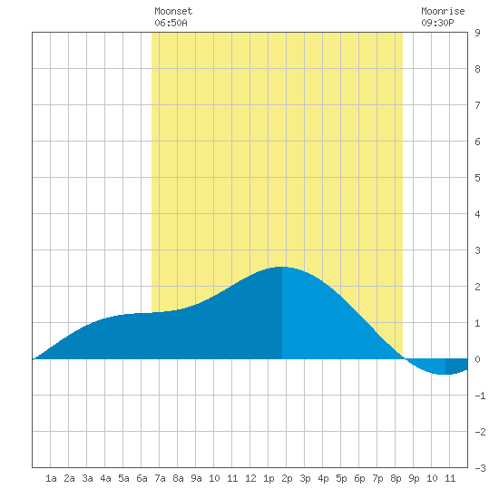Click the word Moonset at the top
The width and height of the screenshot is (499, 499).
pyautogui.click(x=173, y=11)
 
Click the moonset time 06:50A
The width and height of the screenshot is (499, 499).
pyautogui.click(x=171, y=23)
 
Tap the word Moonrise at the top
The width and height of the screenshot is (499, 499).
pyautogui.click(x=443, y=11)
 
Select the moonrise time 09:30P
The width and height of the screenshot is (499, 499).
pyautogui.click(x=437, y=23)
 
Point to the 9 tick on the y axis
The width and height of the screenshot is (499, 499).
pyautogui.click(x=477, y=33)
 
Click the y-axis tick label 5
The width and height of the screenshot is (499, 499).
pyautogui.click(x=477, y=178)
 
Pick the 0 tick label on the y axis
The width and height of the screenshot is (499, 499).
pyautogui.click(x=477, y=359)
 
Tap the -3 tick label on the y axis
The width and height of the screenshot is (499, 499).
pyautogui.click(x=480, y=468)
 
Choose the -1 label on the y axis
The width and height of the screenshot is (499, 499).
pyautogui.click(x=480, y=396)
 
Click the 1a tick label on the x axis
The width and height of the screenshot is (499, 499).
pyautogui.click(x=51, y=478)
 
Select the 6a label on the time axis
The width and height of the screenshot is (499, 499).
pyautogui.click(x=142, y=478)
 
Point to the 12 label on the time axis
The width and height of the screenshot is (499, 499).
pyautogui.click(x=250, y=478)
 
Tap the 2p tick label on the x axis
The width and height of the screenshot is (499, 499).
pyautogui.click(x=287, y=478)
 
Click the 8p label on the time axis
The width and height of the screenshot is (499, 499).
pyautogui.click(x=396, y=478)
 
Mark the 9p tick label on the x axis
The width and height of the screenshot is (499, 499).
pyautogui.click(x=414, y=478)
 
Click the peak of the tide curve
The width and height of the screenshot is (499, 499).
pyautogui.click(x=281, y=267)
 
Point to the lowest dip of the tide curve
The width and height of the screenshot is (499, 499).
pyautogui.click(x=445, y=374)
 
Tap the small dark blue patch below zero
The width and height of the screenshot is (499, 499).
pyautogui.click(x=456, y=366)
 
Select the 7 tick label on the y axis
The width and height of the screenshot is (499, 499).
pyautogui.click(x=477, y=105)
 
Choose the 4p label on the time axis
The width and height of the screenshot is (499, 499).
pyautogui.click(x=323, y=478)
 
